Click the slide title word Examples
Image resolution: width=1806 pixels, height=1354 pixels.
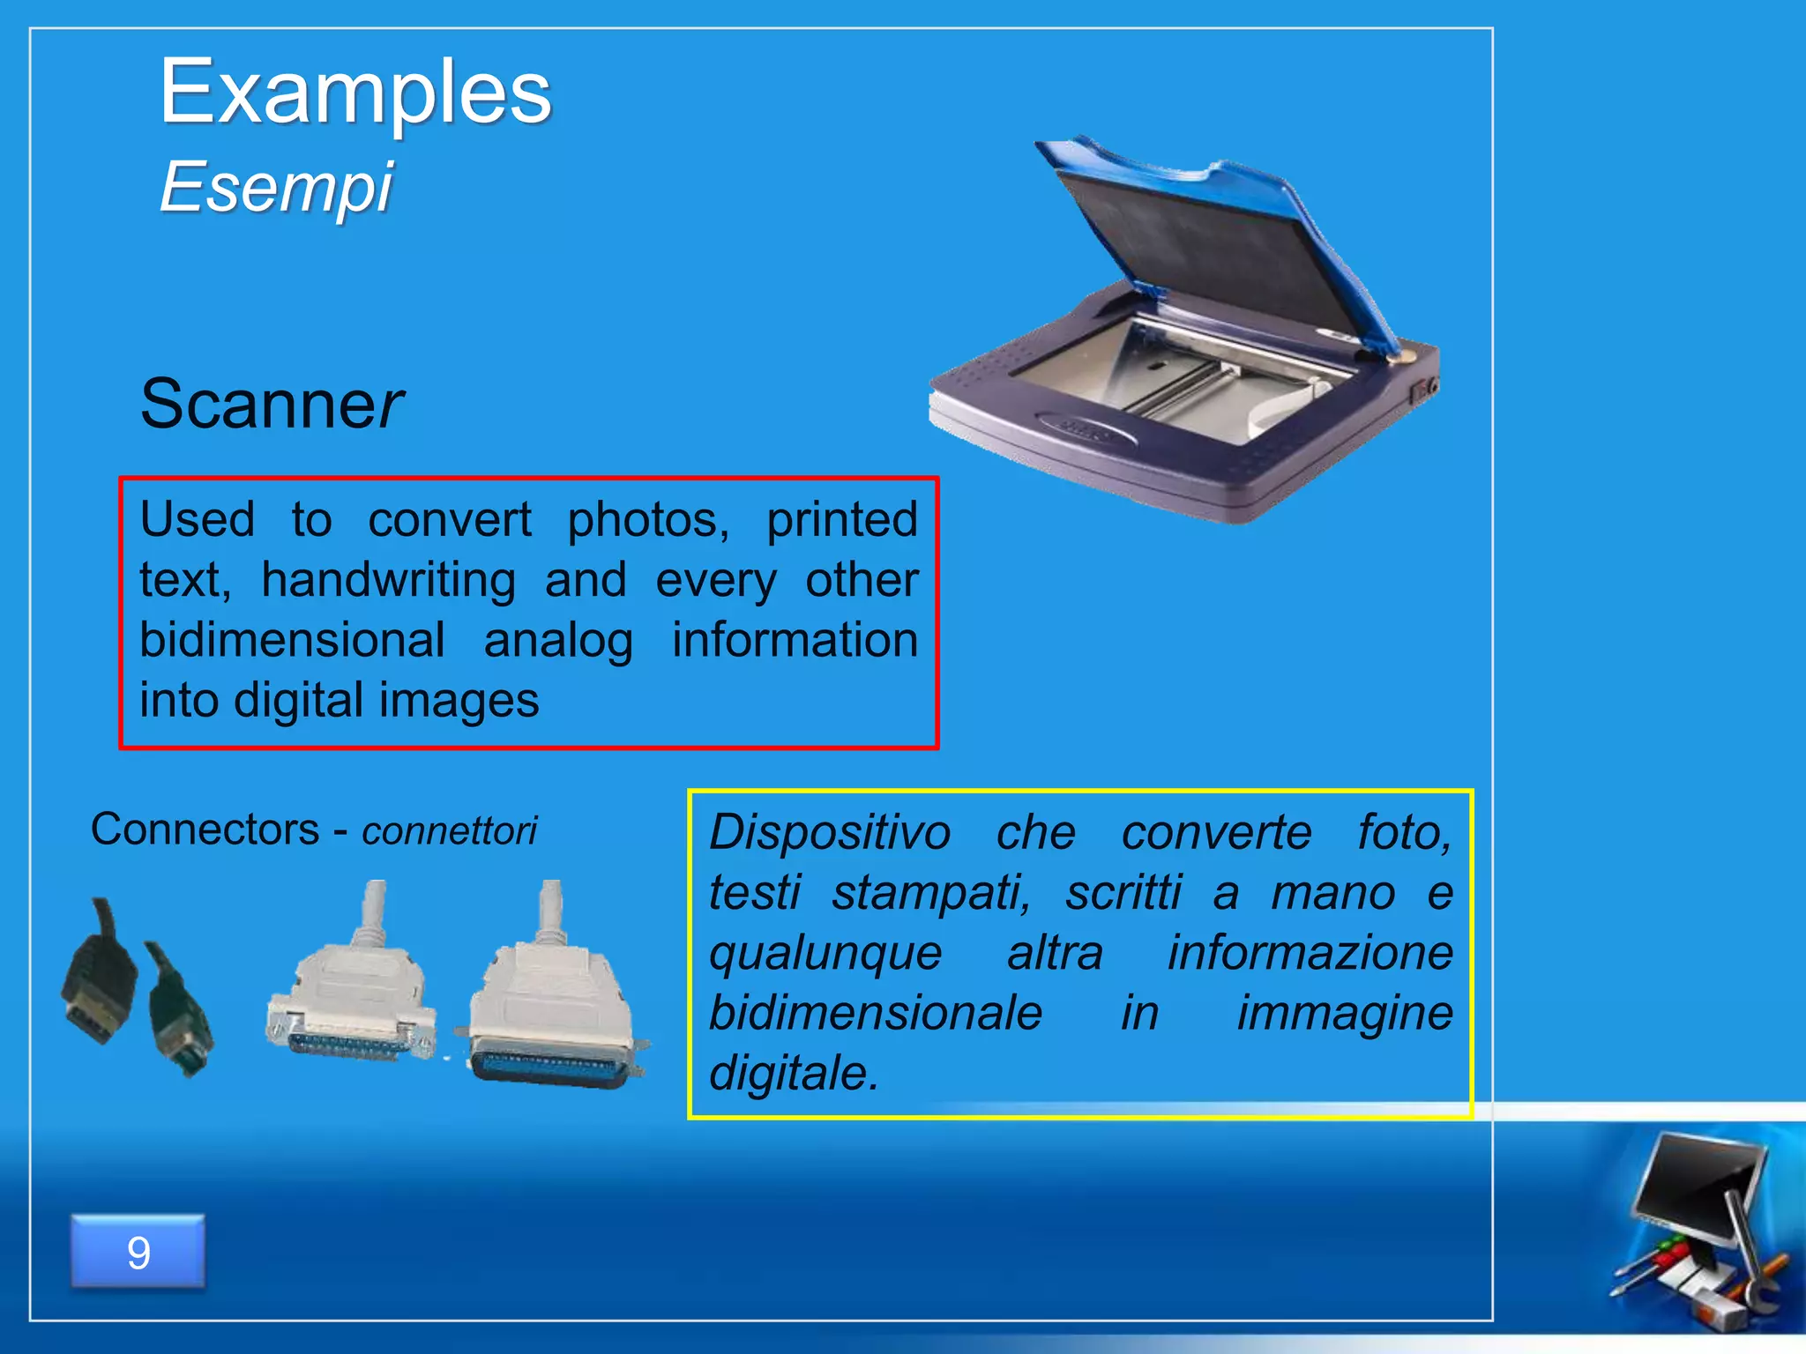coord(354,93)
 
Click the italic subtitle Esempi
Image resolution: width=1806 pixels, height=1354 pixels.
coord(276,188)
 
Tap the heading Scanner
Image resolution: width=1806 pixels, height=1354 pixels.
coord(272,404)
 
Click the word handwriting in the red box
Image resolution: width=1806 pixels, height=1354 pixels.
coord(388,580)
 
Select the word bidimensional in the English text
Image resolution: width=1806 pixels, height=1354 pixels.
coord(292,640)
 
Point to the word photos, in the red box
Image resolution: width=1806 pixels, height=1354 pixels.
coord(648,520)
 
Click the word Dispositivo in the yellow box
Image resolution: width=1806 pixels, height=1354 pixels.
coord(830,833)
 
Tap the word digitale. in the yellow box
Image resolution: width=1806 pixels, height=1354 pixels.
coord(794,1074)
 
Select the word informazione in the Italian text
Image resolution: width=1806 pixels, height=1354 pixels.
coord(1310,953)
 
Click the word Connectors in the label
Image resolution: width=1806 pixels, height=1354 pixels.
coord(205,830)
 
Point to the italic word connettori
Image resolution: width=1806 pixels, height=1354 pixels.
coord(449,831)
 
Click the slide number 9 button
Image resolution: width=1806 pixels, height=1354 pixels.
coord(138,1252)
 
